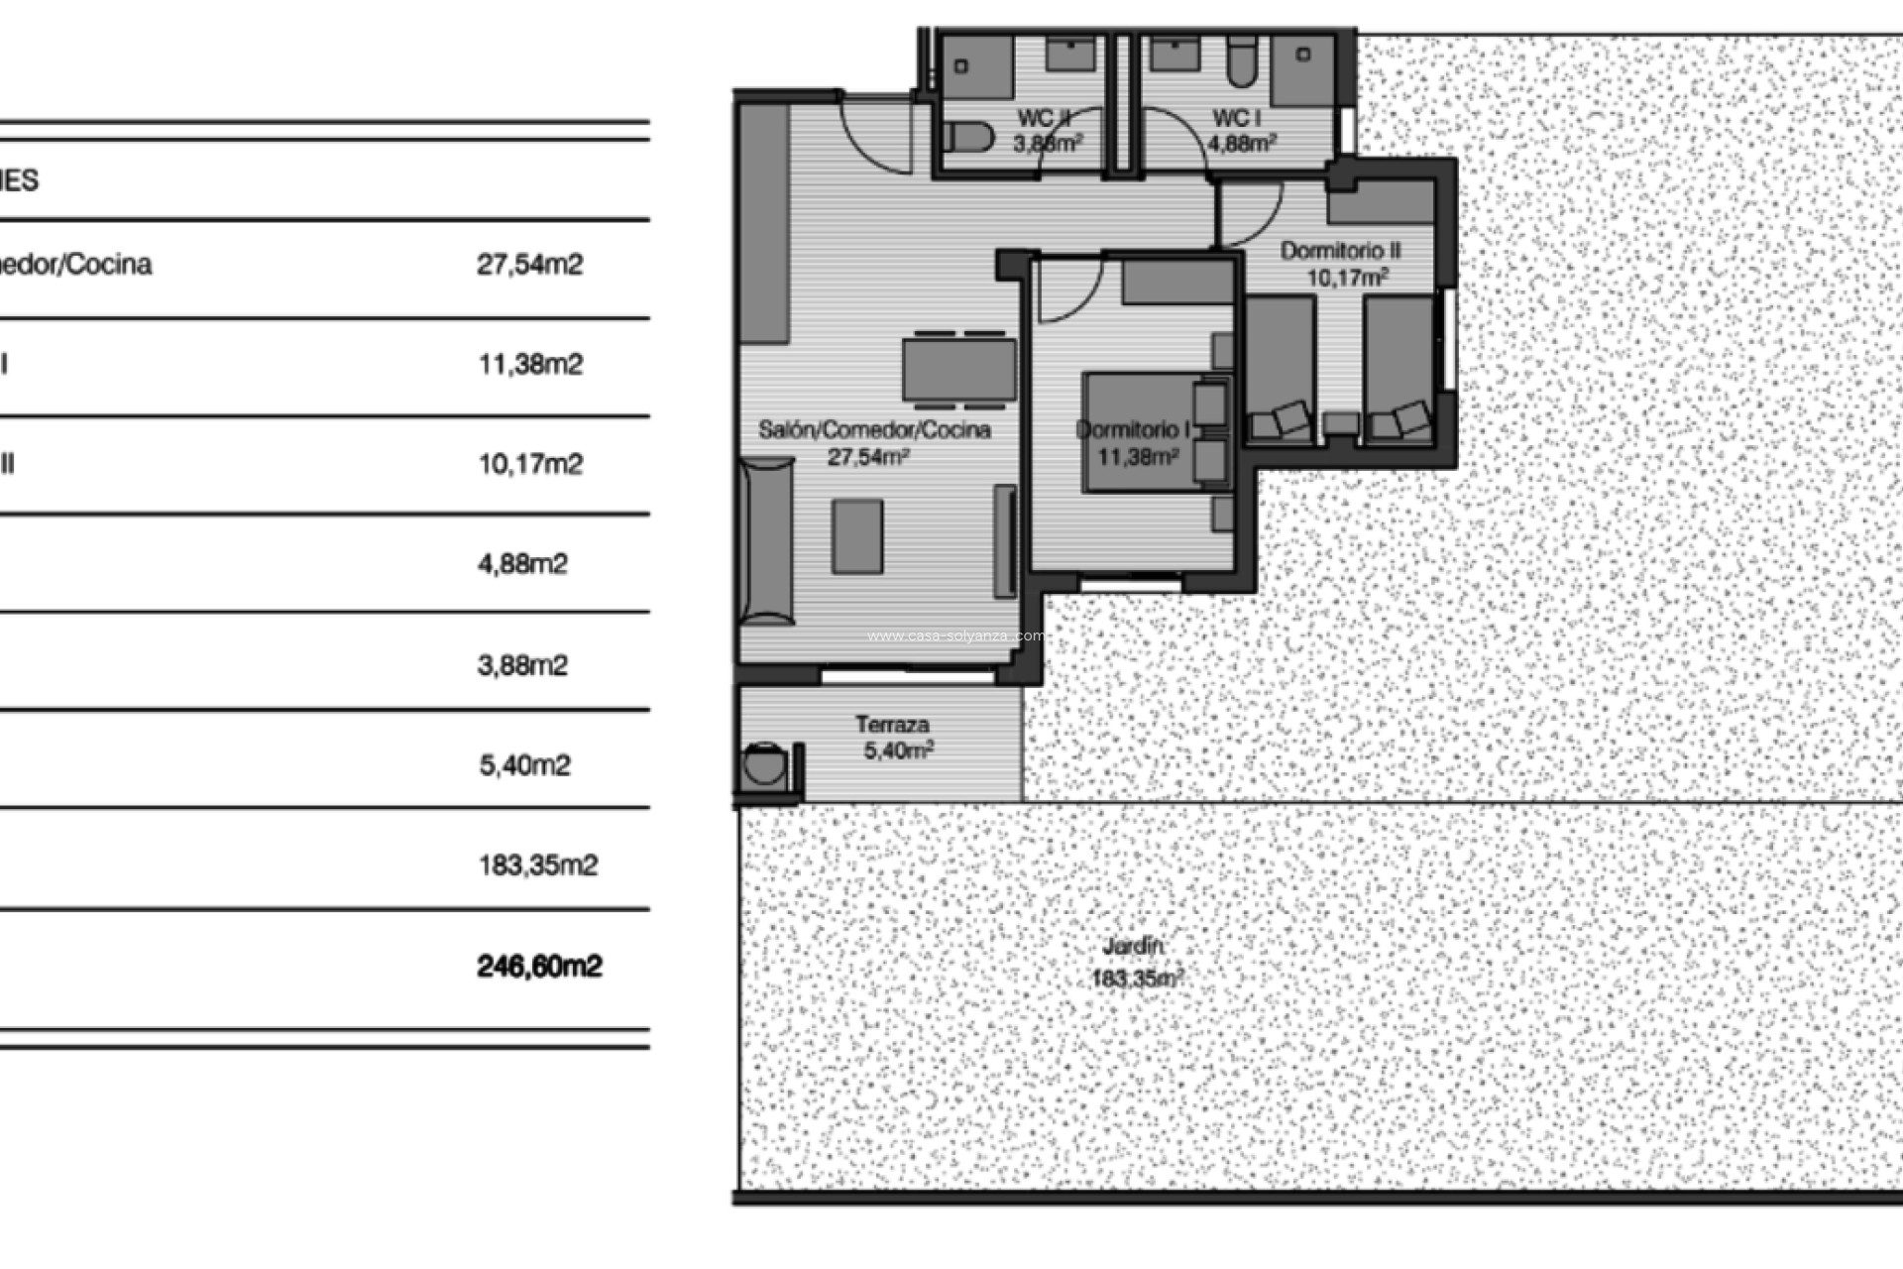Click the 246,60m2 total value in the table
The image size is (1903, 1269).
(x=539, y=966)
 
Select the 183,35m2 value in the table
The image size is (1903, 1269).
(x=538, y=865)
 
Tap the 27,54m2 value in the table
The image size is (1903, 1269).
(x=529, y=265)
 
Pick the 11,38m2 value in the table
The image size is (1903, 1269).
(x=530, y=365)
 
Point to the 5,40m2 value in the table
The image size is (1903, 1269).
(x=524, y=765)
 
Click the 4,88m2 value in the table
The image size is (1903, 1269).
(x=522, y=564)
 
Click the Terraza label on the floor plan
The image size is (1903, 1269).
(x=892, y=725)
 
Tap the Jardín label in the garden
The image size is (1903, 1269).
(x=1133, y=946)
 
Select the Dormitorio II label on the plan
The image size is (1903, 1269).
(x=1340, y=251)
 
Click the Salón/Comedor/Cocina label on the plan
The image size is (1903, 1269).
(x=874, y=430)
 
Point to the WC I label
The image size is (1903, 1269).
(x=1236, y=118)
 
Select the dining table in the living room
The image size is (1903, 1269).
(x=958, y=370)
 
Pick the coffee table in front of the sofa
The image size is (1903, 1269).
(x=857, y=535)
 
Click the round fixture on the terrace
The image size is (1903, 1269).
(x=764, y=765)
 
